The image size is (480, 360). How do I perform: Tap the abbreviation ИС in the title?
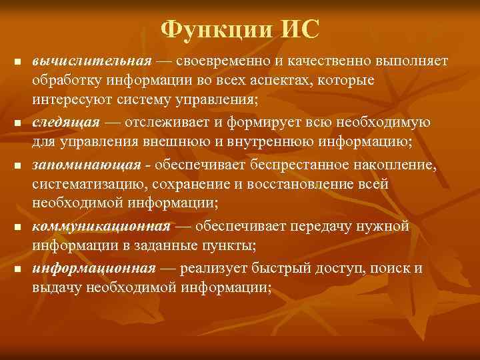(x=299, y=29)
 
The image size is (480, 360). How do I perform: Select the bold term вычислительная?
(x=93, y=61)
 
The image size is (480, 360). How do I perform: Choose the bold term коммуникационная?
(x=101, y=227)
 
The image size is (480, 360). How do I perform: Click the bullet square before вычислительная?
(x=17, y=63)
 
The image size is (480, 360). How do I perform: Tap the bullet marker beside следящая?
(x=17, y=124)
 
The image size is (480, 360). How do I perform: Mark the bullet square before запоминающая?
(x=17, y=165)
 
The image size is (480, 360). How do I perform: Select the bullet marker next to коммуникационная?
(x=17, y=227)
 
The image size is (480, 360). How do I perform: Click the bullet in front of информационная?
(x=17, y=269)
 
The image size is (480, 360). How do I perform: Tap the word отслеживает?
(x=167, y=123)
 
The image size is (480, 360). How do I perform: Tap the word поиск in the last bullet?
(x=393, y=268)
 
